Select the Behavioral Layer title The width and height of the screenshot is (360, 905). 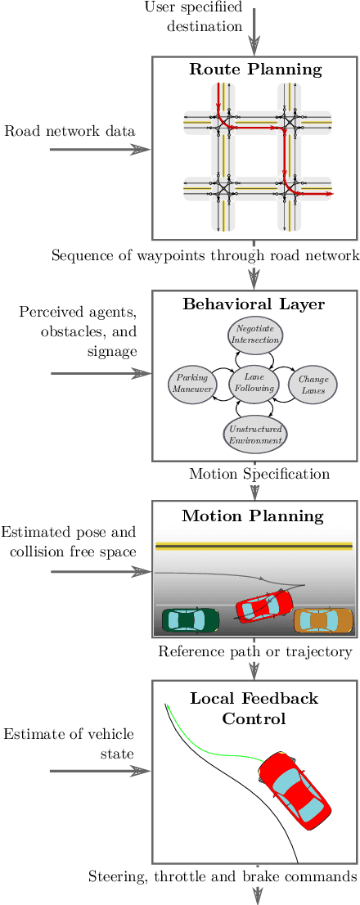tap(254, 304)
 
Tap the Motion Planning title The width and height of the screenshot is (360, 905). tap(253, 516)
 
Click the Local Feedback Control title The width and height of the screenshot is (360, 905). tap(254, 709)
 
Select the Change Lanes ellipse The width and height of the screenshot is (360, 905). tap(313, 385)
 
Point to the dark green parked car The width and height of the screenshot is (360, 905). tap(190, 619)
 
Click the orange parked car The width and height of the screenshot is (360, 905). tap(323, 620)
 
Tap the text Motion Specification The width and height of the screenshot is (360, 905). tap(259, 474)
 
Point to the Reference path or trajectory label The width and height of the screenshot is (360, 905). tap(254, 651)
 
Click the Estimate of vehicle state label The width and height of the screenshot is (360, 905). tap(69, 743)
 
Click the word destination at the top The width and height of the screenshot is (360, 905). tap(205, 25)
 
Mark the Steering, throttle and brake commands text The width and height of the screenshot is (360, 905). tap(223, 876)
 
